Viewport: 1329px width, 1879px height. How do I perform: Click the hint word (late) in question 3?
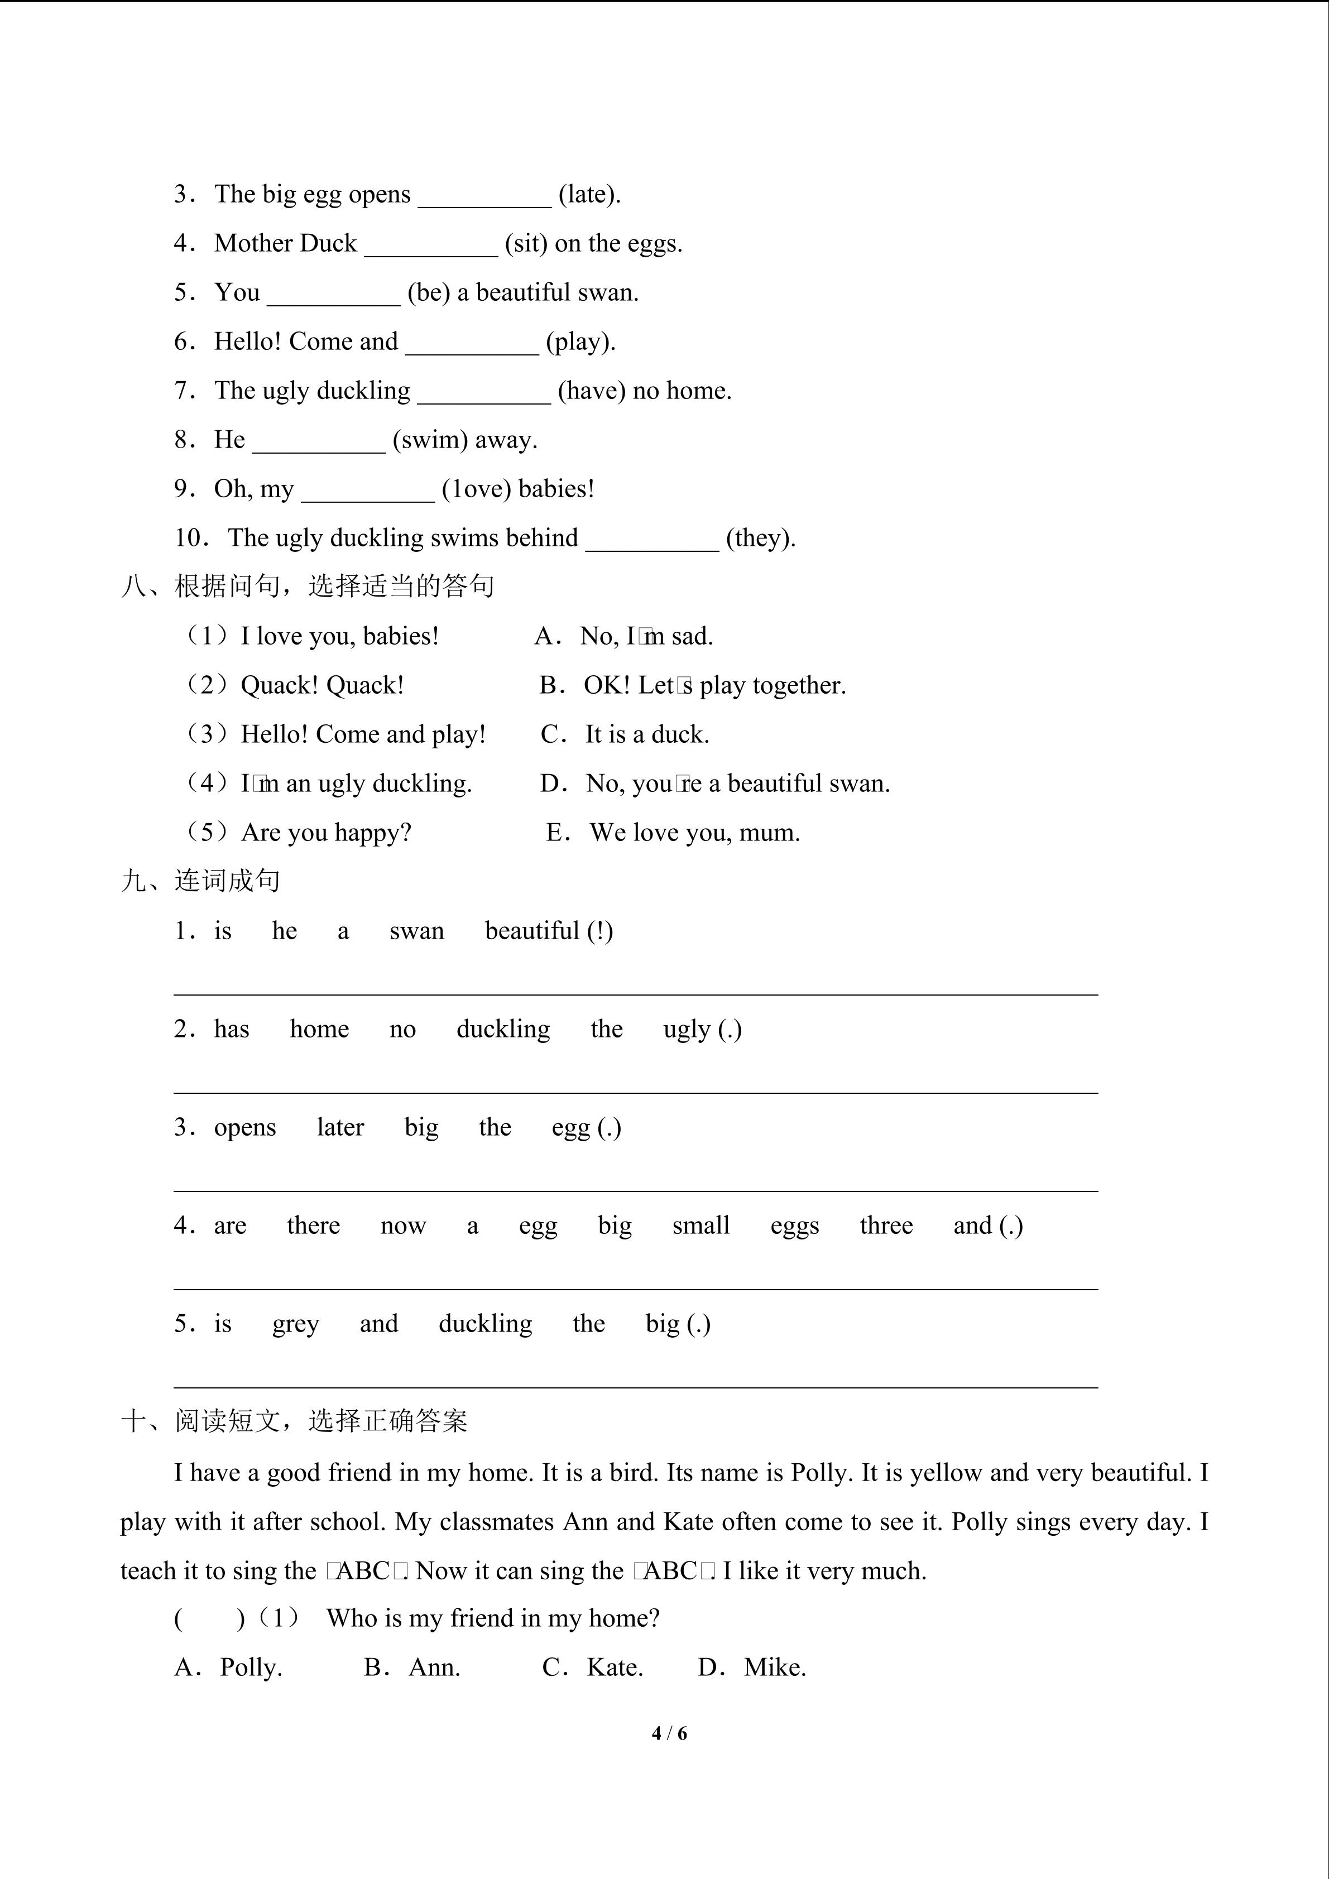point(589,195)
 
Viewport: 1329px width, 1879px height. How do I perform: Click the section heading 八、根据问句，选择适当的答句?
point(308,586)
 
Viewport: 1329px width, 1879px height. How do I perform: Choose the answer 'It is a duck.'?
point(646,734)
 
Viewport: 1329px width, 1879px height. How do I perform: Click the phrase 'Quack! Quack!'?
point(322,685)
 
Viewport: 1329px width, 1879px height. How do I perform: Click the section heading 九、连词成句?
point(201,881)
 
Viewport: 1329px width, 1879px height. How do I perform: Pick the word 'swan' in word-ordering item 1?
point(416,931)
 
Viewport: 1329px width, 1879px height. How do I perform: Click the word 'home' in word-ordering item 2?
point(319,1030)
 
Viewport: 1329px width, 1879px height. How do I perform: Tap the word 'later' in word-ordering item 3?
point(340,1128)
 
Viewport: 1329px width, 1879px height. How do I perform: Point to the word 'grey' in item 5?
point(295,1324)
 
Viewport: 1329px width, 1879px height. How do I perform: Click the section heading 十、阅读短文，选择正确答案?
point(295,1421)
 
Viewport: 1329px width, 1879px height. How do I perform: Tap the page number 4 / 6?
point(669,1733)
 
